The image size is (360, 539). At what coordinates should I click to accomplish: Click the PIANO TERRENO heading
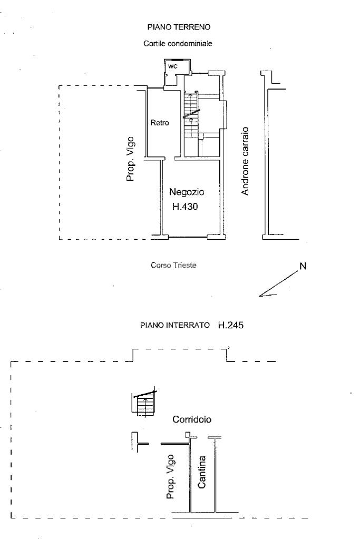tap(179, 27)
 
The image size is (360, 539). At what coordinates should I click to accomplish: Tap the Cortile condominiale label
tap(178, 44)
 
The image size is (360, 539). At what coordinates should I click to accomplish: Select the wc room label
tap(172, 66)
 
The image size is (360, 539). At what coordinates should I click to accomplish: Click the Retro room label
tap(160, 122)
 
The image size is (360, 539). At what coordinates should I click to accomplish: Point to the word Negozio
tap(187, 192)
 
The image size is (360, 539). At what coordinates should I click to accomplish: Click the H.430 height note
tap(185, 207)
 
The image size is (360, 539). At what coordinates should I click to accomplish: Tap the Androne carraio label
tap(245, 161)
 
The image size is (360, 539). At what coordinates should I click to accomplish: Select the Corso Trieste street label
tap(173, 265)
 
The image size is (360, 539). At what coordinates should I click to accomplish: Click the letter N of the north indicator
tap(303, 266)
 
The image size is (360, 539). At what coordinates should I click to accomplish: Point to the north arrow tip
tap(259, 296)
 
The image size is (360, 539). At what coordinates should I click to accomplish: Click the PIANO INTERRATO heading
tap(174, 325)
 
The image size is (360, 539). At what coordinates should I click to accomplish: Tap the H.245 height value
tap(231, 325)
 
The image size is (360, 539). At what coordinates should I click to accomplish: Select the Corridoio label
tap(192, 419)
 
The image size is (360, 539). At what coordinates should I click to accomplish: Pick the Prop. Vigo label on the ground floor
tap(130, 159)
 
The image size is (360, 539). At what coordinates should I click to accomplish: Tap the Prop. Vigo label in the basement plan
tap(170, 476)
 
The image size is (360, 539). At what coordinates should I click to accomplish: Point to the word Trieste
tap(185, 265)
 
